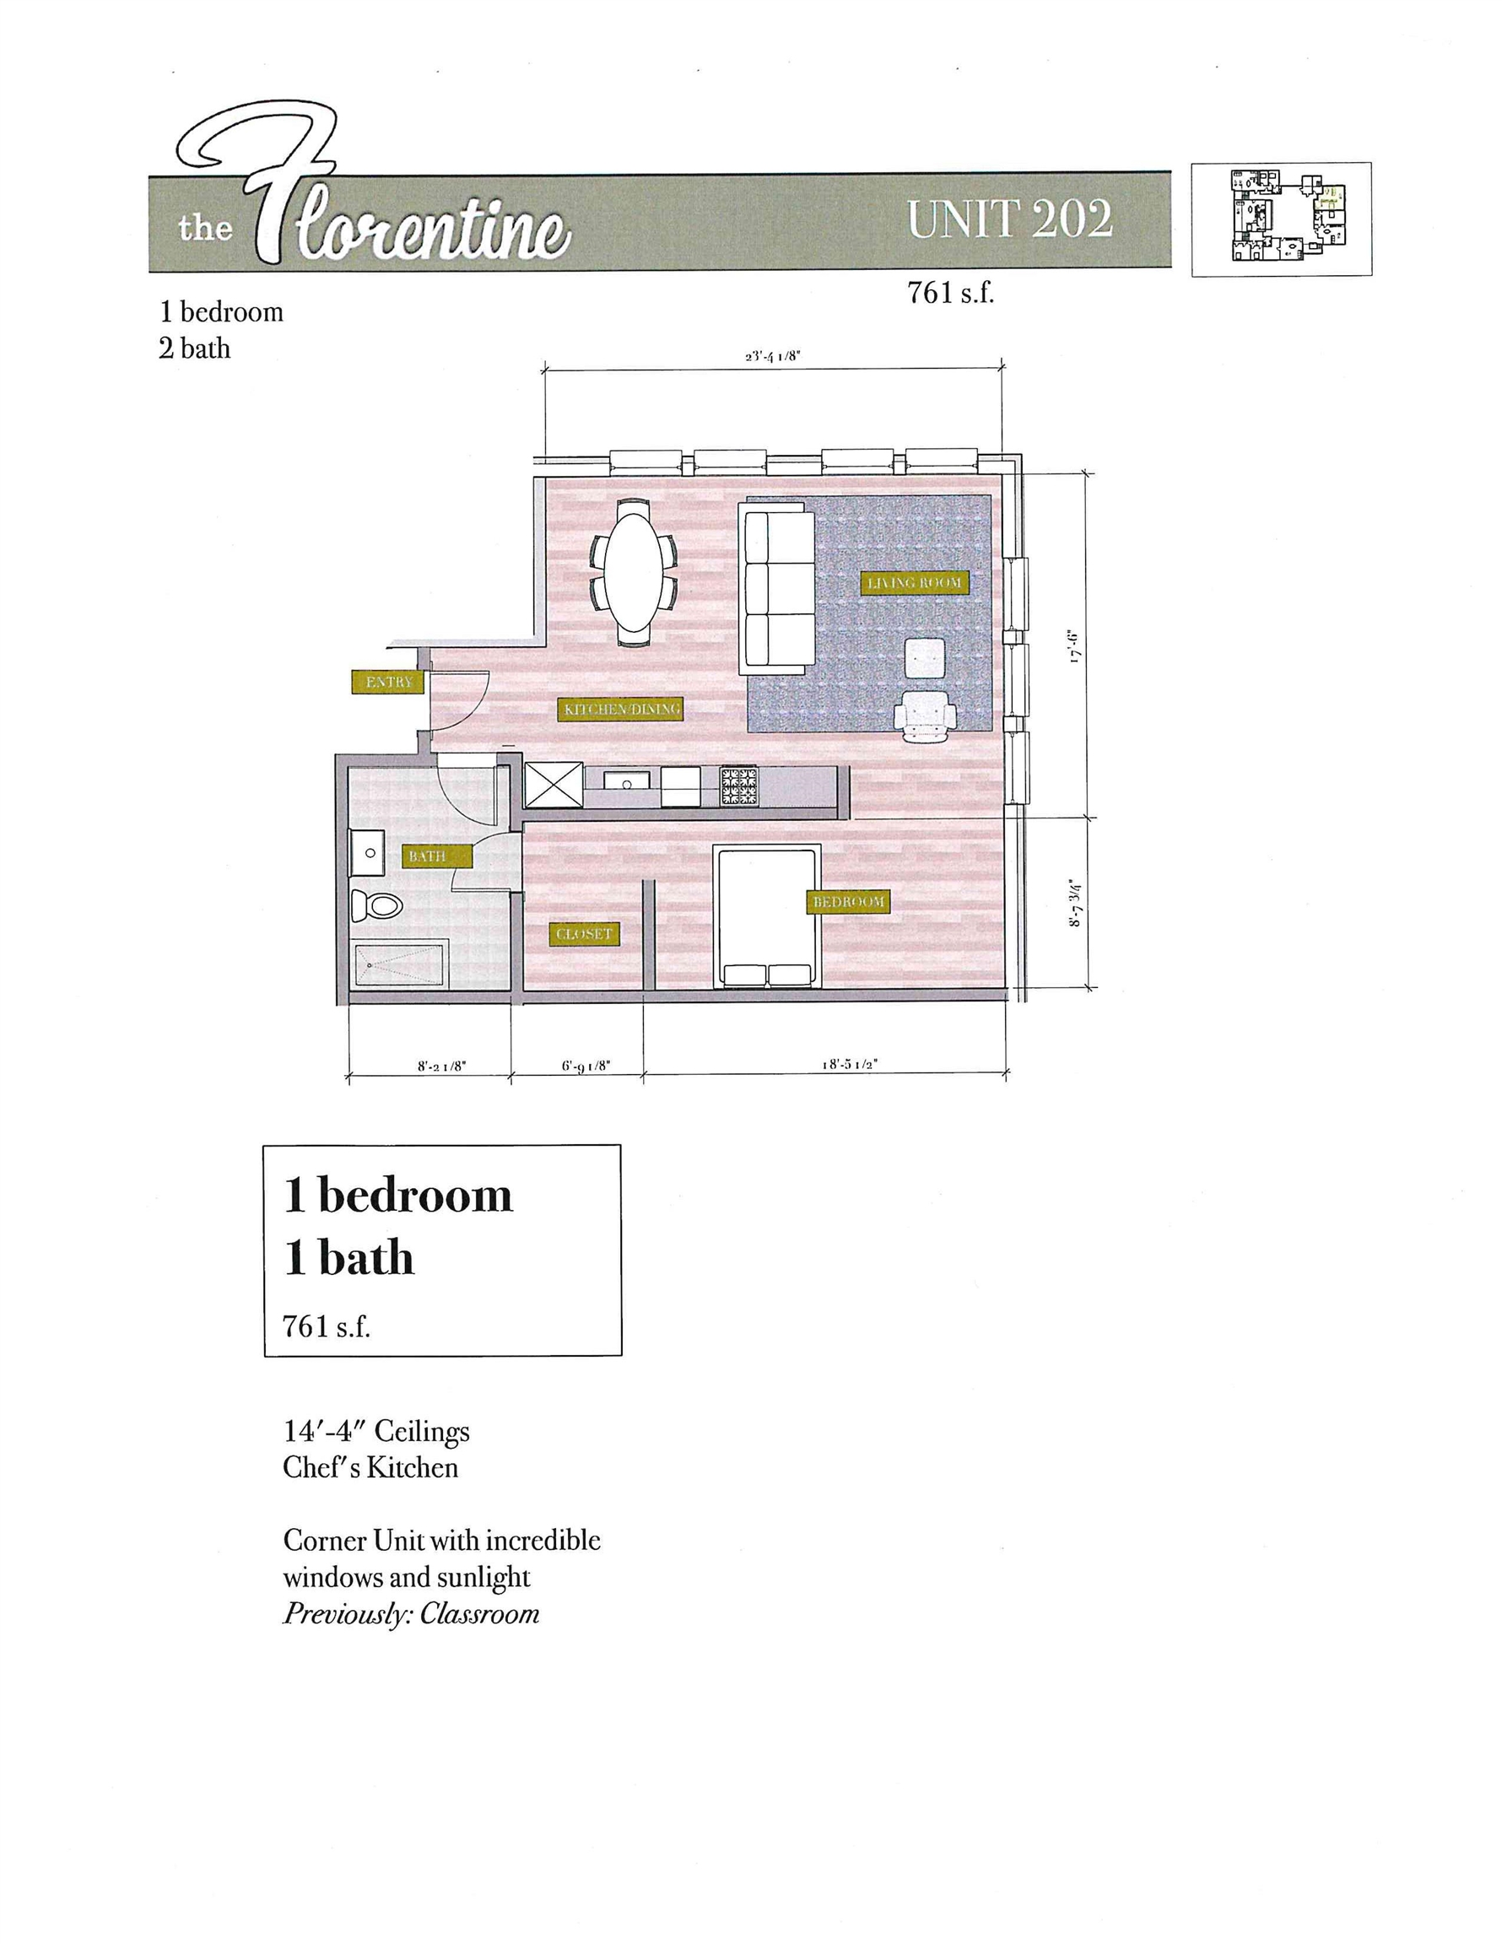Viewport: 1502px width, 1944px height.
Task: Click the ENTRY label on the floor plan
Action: (389, 682)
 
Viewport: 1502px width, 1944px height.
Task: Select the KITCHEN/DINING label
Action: (621, 709)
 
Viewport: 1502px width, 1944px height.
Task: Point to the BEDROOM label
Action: (847, 902)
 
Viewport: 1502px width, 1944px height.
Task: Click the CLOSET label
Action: (583, 934)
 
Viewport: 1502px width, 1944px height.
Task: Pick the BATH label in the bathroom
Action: (426, 856)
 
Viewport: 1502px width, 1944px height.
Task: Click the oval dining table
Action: (635, 571)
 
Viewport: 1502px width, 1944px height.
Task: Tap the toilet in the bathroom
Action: (376, 905)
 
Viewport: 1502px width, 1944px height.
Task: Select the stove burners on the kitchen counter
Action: (738, 786)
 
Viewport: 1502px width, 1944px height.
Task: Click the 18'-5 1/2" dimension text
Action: (850, 1064)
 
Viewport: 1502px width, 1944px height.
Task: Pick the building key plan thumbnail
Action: (1280, 219)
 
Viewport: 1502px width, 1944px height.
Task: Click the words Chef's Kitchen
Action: (370, 1468)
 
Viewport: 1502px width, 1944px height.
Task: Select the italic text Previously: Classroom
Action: (410, 1614)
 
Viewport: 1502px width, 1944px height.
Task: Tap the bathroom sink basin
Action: (369, 853)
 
